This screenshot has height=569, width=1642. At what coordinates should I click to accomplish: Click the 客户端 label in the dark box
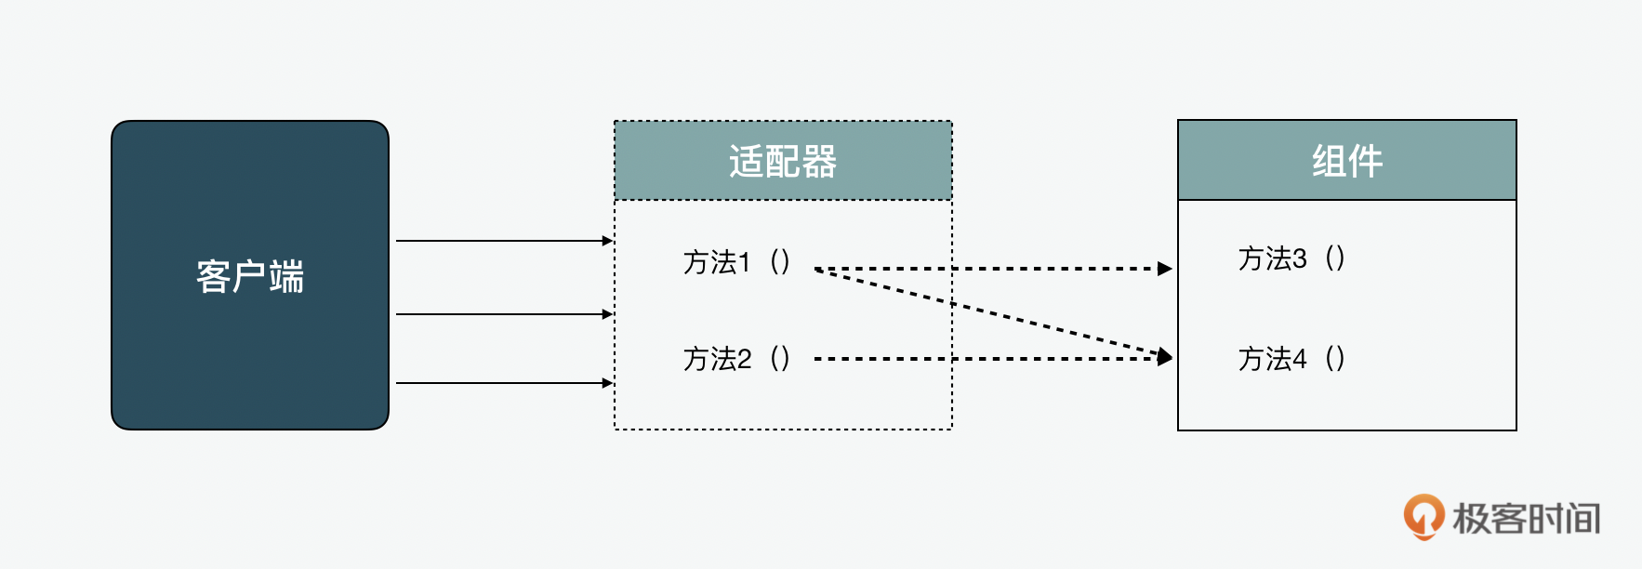coord(249,277)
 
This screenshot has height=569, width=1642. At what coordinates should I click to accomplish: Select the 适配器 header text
coord(782,162)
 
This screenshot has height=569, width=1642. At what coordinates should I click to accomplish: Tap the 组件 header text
coord(1346,162)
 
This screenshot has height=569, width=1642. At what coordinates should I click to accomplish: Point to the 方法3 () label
coord(1291,258)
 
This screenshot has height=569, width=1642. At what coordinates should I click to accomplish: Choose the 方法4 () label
coord(1291,359)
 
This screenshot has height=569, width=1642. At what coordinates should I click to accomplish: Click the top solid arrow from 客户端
coord(502,241)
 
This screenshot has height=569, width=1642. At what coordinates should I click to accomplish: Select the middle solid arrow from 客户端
coord(502,314)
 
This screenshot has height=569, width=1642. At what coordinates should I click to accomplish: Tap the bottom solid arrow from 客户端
coord(502,382)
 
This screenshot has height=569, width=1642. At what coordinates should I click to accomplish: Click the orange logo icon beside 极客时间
coord(1424,516)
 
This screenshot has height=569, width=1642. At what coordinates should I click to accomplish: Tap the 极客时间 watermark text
coord(1526,519)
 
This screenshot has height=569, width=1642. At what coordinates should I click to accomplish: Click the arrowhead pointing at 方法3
coord(1165,269)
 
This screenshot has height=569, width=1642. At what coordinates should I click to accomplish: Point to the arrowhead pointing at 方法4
coord(1165,357)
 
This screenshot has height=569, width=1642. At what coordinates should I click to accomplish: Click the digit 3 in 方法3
coord(1299,258)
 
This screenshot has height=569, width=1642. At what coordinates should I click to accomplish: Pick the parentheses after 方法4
coord(1334,359)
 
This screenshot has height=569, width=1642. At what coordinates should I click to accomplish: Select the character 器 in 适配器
coord(819,162)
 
